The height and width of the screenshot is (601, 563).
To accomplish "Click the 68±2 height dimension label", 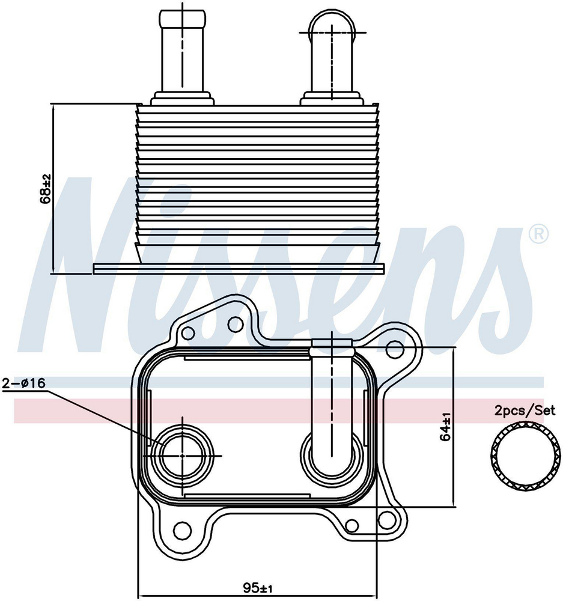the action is click(x=46, y=189).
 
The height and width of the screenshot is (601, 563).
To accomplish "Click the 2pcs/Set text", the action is click(x=525, y=410).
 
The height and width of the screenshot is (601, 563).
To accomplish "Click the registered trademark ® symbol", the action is click(x=538, y=234).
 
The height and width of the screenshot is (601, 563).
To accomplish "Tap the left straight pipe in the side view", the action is click(x=184, y=52).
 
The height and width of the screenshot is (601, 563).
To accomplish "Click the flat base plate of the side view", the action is click(x=239, y=268).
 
